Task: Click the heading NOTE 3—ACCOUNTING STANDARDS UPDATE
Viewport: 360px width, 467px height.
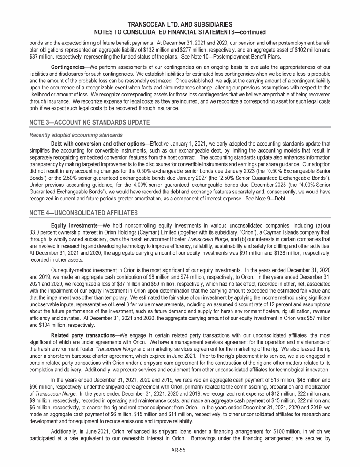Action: [86, 122]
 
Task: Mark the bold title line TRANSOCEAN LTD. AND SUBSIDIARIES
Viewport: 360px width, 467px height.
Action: [180, 23]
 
